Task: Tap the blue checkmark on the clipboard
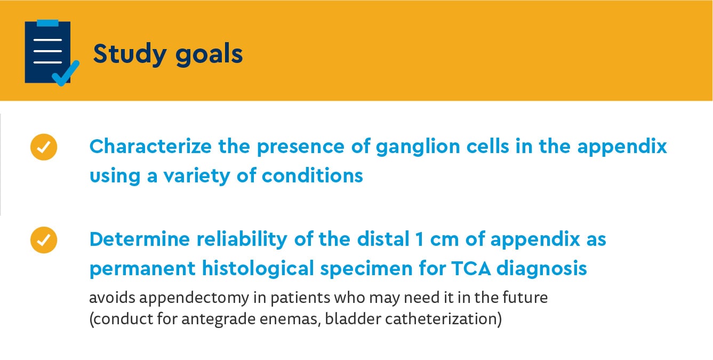coord(66,74)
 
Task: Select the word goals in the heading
coord(209,54)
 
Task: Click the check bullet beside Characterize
coord(44,147)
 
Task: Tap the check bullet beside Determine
coord(44,239)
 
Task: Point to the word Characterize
coord(150,147)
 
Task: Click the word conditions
coord(313,175)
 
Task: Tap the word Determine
coord(140,239)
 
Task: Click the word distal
coord(383,239)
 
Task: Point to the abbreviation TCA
coord(471,268)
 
